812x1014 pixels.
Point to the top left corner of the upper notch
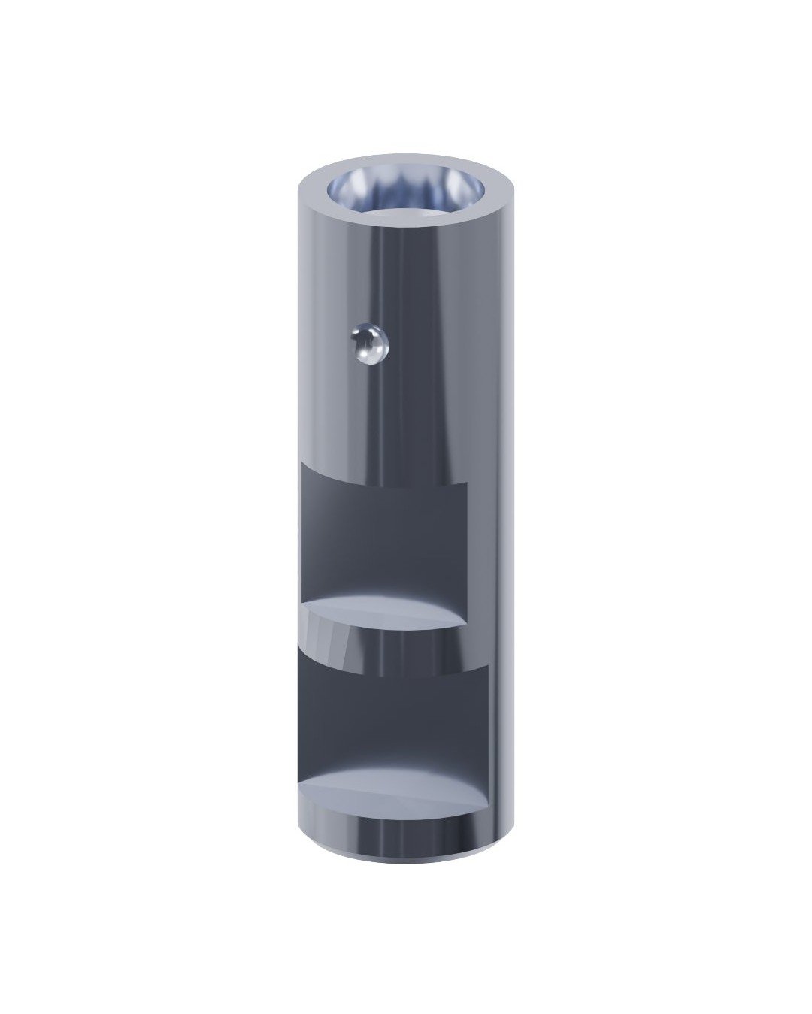click(301, 464)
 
